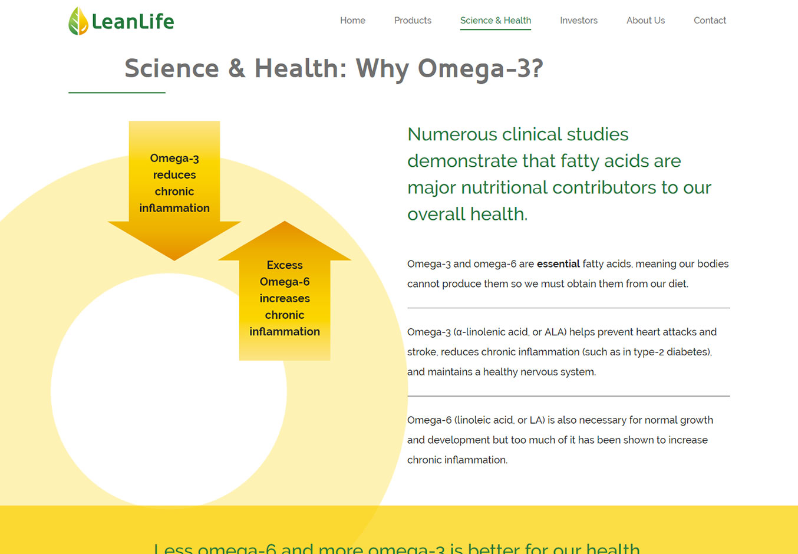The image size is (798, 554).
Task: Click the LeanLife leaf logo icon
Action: pyautogui.click(x=78, y=21)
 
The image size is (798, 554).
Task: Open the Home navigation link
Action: pyautogui.click(x=352, y=20)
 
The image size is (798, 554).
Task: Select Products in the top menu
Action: pyautogui.click(x=413, y=20)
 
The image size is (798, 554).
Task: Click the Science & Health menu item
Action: pyautogui.click(x=495, y=20)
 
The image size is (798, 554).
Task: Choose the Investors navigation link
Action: pyautogui.click(x=579, y=20)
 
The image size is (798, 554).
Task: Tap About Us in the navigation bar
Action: pyautogui.click(x=645, y=20)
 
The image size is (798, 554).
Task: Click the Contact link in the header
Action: pyautogui.click(x=710, y=20)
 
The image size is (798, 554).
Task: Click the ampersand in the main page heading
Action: pyautogui.click(x=236, y=68)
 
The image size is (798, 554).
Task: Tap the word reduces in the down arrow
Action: pyautogui.click(x=174, y=174)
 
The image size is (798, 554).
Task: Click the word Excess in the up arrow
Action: pyautogui.click(x=284, y=265)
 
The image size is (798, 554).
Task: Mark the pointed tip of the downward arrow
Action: pyautogui.click(x=174, y=260)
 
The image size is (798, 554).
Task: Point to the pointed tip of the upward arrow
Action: pyautogui.click(x=284, y=221)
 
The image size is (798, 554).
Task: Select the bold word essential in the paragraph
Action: pyautogui.click(x=558, y=263)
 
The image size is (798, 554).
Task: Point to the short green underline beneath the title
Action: pyautogui.click(x=117, y=93)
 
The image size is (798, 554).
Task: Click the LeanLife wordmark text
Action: pyautogui.click(x=133, y=21)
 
